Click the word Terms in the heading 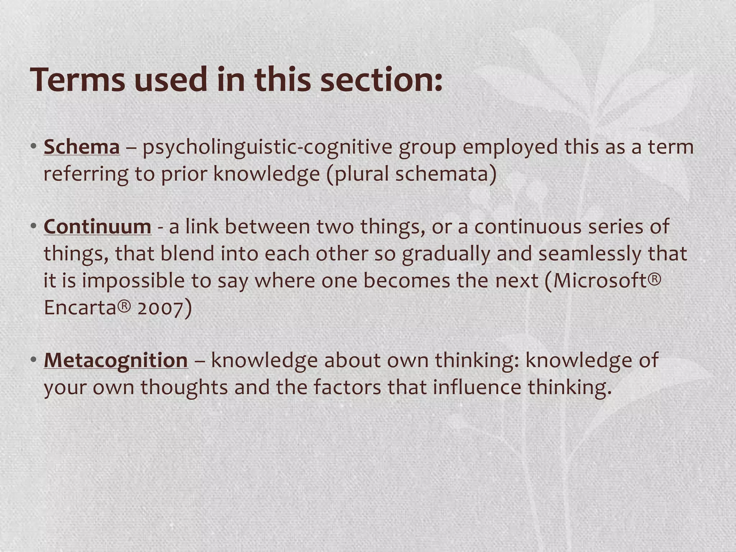click(x=77, y=80)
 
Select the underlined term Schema click(x=82, y=147)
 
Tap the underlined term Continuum click(x=97, y=227)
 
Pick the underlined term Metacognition click(x=116, y=360)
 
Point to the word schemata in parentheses click(x=442, y=174)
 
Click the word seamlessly click(x=590, y=254)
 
